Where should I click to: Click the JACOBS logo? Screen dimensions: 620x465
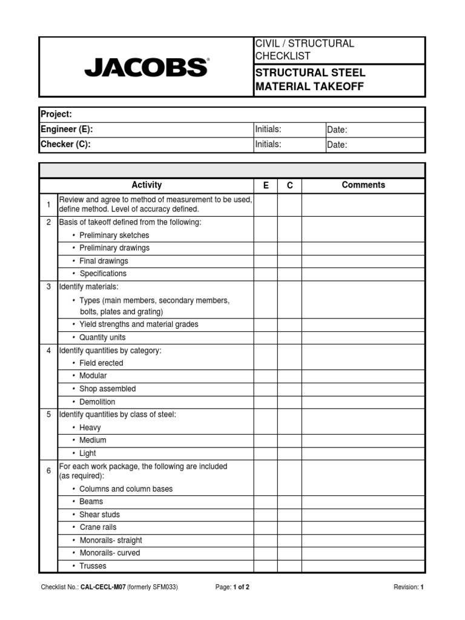[147, 67]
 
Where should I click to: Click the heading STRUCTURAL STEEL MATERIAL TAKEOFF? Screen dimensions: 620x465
[310, 80]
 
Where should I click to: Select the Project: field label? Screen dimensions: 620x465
[56, 114]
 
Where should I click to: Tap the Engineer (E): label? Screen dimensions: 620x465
[67, 130]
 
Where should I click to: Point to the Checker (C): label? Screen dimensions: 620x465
[65, 144]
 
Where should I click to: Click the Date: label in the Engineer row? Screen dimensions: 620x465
[337, 130]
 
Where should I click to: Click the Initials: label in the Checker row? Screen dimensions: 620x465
[268, 144]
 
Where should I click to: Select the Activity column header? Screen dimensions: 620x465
[147, 185]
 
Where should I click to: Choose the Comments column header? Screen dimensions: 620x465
[363, 185]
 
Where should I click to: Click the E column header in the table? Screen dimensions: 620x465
[266, 185]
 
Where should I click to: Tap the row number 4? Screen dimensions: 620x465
[48, 351]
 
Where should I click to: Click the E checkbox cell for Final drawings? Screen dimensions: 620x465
[266, 261]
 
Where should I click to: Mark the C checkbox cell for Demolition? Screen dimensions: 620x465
[289, 402]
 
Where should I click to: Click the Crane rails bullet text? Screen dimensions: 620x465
[98, 527]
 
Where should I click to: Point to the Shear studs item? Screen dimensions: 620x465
[99, 515]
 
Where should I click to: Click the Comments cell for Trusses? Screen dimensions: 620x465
[363, 566]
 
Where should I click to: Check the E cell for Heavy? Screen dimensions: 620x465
[266, 427]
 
